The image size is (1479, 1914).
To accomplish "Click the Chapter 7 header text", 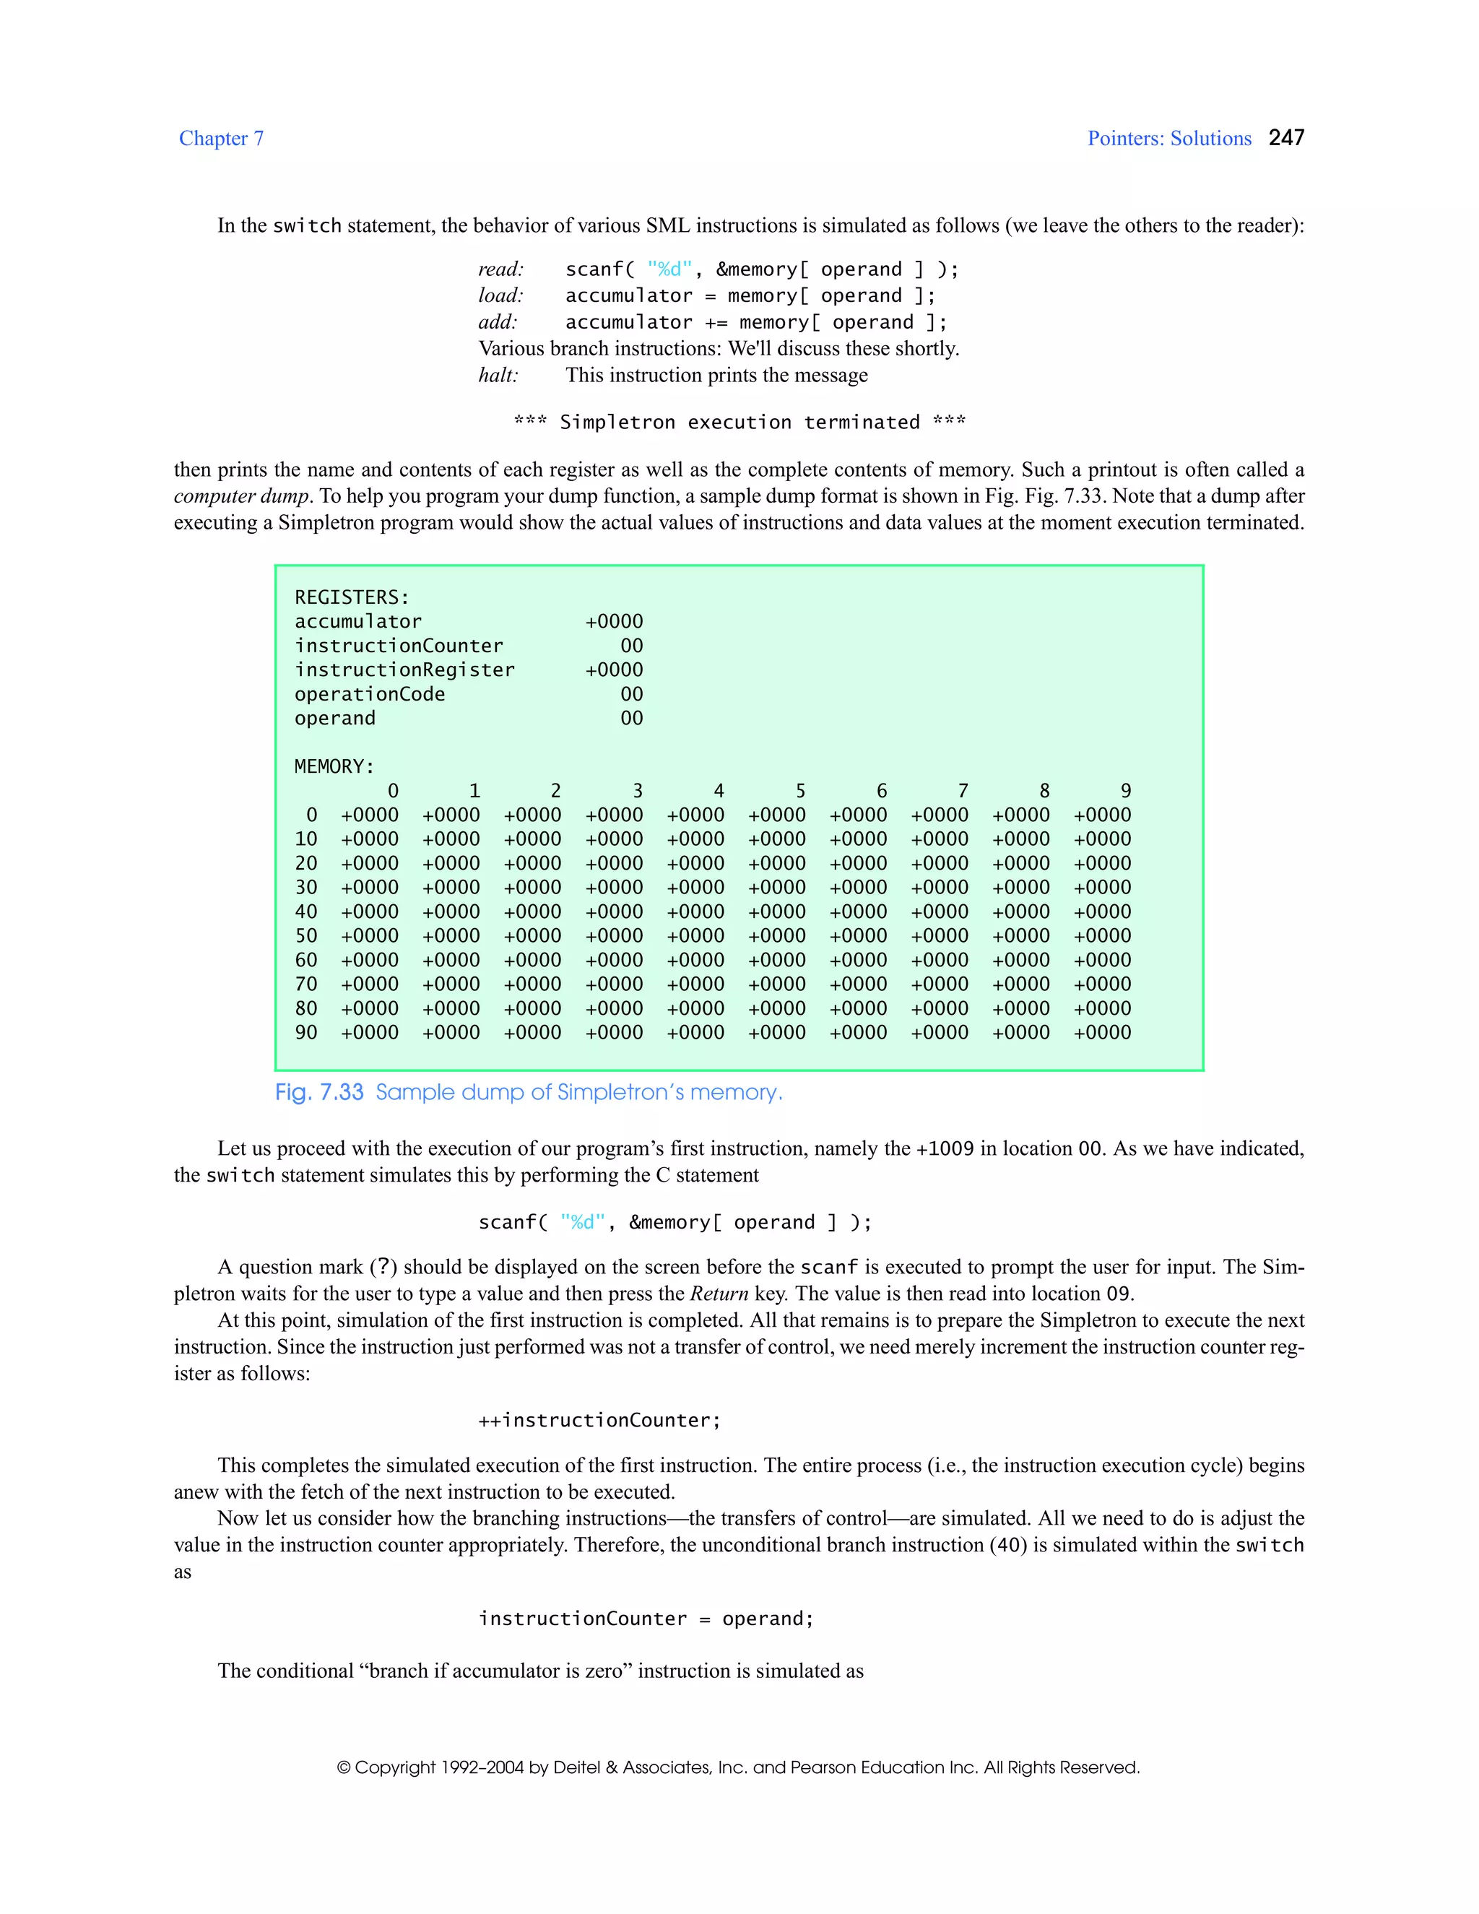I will (221, 139).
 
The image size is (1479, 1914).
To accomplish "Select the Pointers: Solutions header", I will (1169, 139).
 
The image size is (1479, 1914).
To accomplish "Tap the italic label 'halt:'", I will (498, 375).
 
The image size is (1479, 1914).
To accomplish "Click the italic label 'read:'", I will (501, 269).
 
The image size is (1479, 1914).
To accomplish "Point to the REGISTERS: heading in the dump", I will (352, 598).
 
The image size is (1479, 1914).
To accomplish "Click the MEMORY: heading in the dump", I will (334, 767).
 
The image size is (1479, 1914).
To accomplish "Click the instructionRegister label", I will (404, 670).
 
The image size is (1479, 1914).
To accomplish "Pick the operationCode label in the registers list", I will (369, 694).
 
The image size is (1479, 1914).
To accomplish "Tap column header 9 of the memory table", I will (1125, 790).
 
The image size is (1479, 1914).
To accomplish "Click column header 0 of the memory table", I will (393, 790).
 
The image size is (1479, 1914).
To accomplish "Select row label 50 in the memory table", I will (305, 936).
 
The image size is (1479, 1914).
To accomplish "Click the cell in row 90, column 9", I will (1101, 1032).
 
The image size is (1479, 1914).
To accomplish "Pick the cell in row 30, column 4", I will (695, 888).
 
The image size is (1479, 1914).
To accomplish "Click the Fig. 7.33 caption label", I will (319, 1093).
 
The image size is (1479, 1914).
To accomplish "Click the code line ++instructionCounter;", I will (599, 1421).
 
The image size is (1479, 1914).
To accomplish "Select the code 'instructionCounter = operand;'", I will (646, 1619).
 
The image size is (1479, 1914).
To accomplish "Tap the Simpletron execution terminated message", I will (739, 423).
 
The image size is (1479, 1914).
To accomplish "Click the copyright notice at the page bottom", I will (738, 1767).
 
